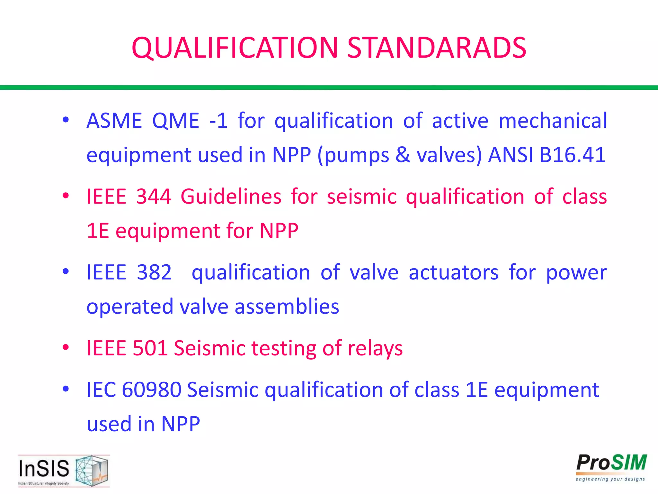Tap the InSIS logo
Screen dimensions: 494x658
64,471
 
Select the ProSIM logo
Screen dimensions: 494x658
611,467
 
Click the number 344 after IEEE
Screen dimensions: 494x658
154,197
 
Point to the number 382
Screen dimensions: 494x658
154,272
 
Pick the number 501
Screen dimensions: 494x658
150,348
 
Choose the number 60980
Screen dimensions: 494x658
152,390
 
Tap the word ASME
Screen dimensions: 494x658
114,121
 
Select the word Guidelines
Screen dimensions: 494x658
231,197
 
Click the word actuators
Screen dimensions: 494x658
454,272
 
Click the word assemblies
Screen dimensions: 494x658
287,306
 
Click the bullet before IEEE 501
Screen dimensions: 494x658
66,347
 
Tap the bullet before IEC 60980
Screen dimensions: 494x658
66,389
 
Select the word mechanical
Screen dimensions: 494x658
553,121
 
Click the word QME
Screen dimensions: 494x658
176,121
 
